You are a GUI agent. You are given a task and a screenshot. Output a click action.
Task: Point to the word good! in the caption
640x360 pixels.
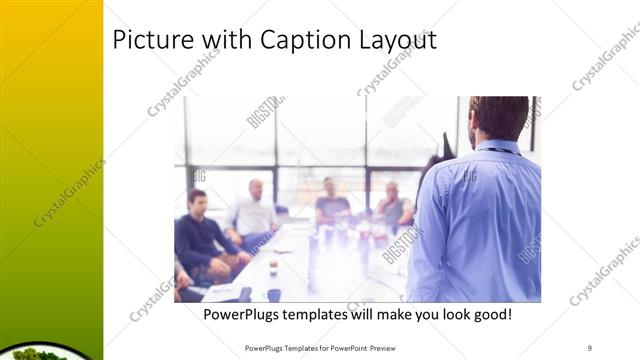tap(489, 314)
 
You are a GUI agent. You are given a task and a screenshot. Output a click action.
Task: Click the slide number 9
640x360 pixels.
tap(590, 347)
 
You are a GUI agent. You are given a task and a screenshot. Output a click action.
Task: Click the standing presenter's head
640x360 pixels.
tap(497, 118)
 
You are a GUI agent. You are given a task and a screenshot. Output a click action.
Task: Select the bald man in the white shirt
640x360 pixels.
tap(254, 212)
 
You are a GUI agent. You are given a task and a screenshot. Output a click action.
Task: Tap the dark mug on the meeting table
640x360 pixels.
tap(273, 295)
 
